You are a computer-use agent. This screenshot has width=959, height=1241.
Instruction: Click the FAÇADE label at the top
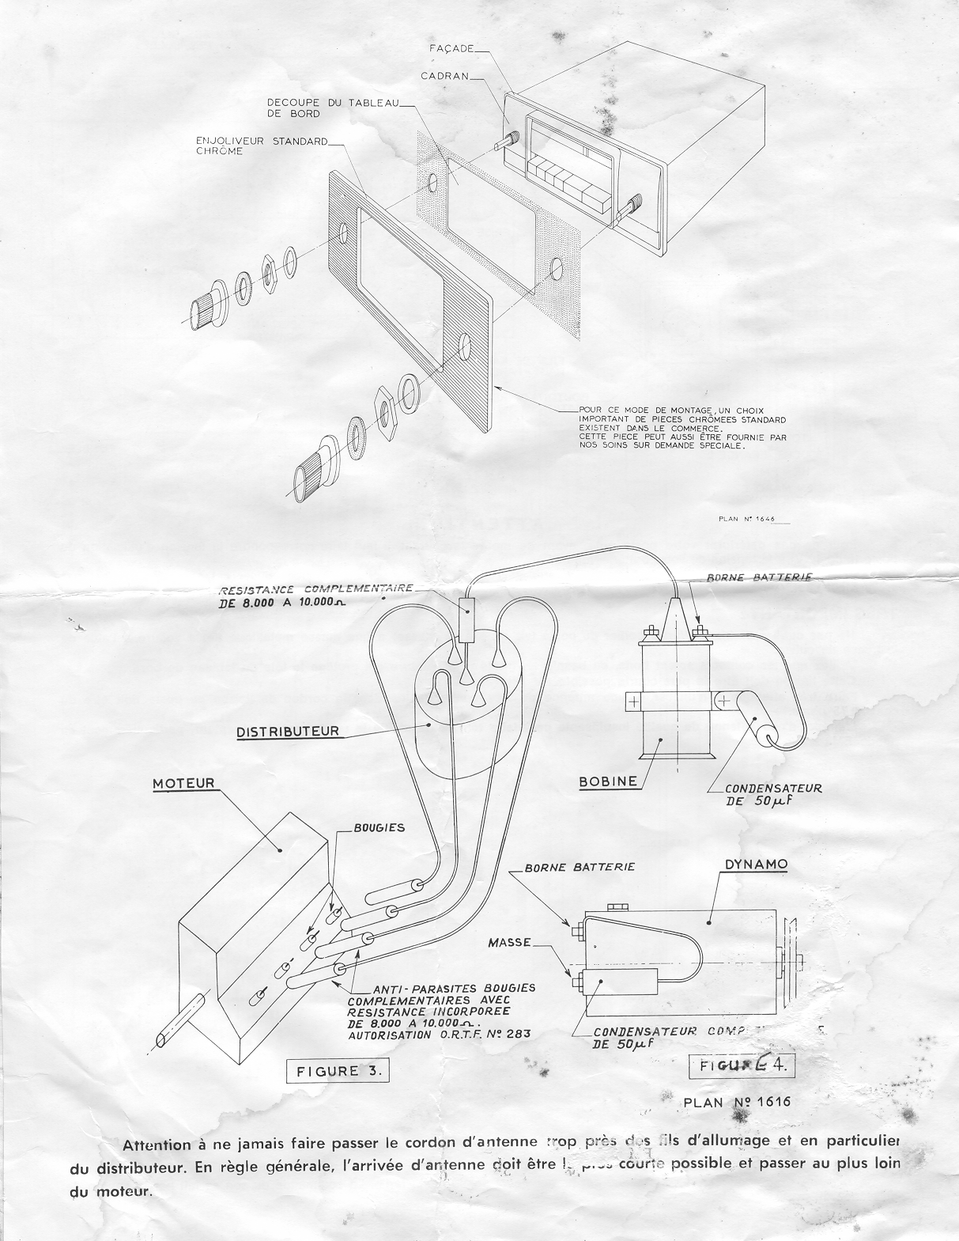pyautogui.click(x=451, y=49)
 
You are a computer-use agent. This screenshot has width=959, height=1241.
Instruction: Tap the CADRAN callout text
pyautogui.click(x=445, y=77)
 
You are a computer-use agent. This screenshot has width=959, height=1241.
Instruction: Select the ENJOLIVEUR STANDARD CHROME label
pyautogui.click(x=261, y=146)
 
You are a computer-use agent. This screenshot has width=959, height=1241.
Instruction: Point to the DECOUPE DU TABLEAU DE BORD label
pyautogui.click(x=311, y=108)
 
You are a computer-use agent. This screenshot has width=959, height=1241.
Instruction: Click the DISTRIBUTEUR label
pyautogui.click(x=288, y=732)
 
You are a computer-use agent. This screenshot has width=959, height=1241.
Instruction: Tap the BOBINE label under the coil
pyautogui.click(x=608, y=781)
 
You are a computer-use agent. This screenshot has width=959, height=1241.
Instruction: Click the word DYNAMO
pyautogui.click(x=757, y=865)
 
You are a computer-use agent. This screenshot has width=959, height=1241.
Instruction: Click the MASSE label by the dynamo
pyautogui.click(x=509, y=943)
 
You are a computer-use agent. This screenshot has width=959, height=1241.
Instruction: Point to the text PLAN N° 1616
pyautogui.click(x=736, y=1102)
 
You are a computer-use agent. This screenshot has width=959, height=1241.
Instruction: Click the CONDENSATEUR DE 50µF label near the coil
pyautogui.click(x=774, y=793)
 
